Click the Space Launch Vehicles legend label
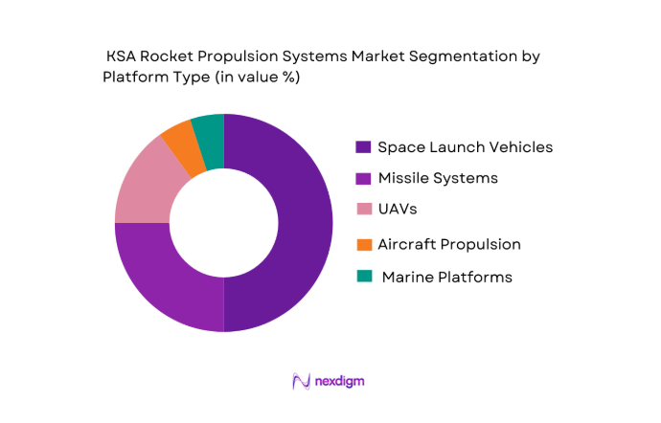(465, 147)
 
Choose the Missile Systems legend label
(438, 178)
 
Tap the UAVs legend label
(399, 209)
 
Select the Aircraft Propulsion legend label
(449, 244)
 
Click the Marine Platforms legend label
(446, 277)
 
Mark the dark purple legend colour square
(363, 147)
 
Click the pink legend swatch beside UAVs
(363, 209)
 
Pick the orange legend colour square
(363, 244)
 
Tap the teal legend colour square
(363, 277)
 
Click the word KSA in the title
(124, 57)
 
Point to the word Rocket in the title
(172, 57)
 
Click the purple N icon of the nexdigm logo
(301, 382)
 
